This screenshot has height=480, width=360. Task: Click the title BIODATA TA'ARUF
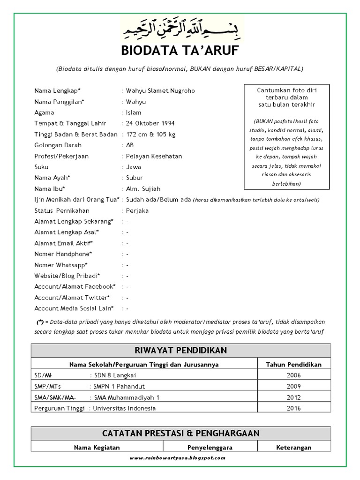180,50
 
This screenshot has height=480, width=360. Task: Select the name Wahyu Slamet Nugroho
159,91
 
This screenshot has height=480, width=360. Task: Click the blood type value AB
129,145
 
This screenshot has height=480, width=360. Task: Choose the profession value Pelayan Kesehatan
153,156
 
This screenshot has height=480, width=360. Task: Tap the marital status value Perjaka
136,211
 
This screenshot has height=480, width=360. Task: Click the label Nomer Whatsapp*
63,265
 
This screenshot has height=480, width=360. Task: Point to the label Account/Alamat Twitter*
72,298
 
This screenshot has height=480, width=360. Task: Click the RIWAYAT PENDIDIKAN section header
180,351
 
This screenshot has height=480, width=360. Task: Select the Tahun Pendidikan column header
294,364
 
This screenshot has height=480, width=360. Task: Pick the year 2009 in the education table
294,386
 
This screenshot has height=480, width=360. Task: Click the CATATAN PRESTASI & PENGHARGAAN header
180,433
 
